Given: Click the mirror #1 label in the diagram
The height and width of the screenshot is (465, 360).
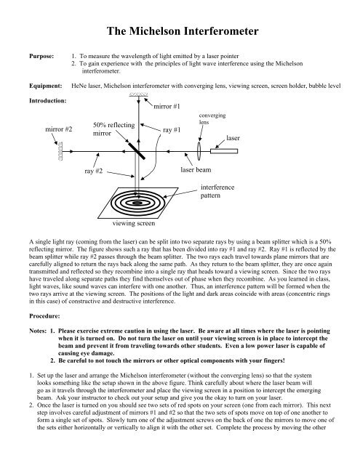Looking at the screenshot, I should (167, 107).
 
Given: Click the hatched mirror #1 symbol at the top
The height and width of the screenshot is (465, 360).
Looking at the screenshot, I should (139, 96).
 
